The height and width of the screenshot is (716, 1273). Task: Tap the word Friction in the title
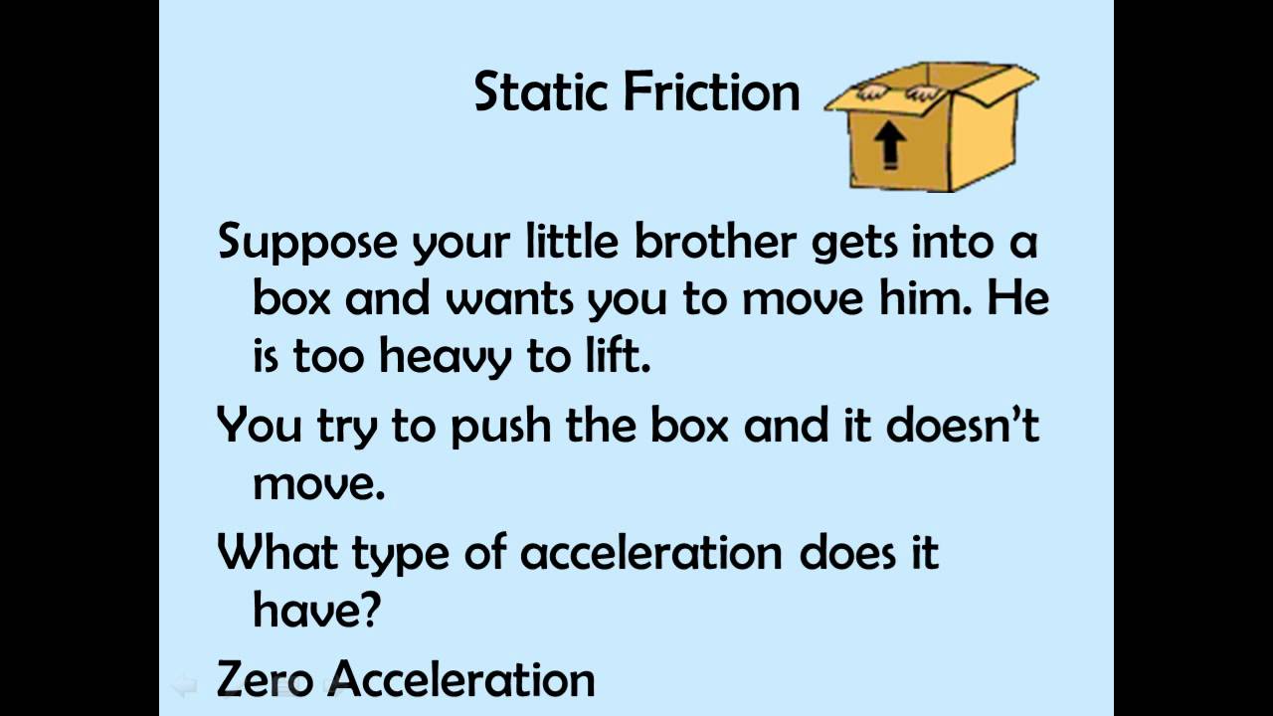pyautogui.click(x=712, y=91)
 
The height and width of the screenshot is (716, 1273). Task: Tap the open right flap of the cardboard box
pyautogui.click(x=995, y=85)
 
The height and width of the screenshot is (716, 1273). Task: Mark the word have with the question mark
pyautogui.click(x=316, y=609)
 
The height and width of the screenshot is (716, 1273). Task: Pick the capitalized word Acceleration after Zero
pyautogui.click(x=462, y=680)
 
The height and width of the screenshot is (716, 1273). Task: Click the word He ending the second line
pyautogui.click(x=1017, y=298)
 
